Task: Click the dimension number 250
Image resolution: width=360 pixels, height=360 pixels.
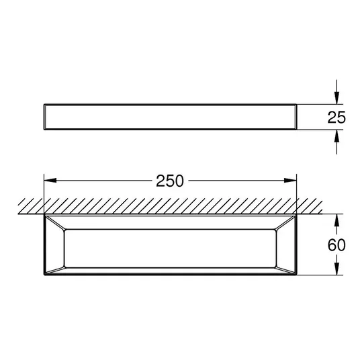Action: click(x=170, y=181)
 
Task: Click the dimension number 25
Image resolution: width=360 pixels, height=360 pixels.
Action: click(x=336, y=118)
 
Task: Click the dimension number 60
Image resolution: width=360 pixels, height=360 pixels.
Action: click(x=336, y=244)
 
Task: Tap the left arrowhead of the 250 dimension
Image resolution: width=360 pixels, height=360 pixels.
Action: click(x=50, y=181)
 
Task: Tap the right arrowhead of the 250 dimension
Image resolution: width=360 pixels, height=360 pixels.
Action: click(x=290, y=181)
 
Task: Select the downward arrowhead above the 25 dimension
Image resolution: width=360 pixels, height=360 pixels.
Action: click(x=336, y=98)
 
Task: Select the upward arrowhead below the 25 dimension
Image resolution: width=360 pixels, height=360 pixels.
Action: click(x=336, y=136)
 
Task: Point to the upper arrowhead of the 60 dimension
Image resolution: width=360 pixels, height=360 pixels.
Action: click(x=336, y=220)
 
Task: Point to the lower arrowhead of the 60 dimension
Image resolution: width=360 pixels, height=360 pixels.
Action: click(x=336, y=269)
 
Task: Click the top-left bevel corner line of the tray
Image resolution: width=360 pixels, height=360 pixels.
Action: click(x=55, y=223)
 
